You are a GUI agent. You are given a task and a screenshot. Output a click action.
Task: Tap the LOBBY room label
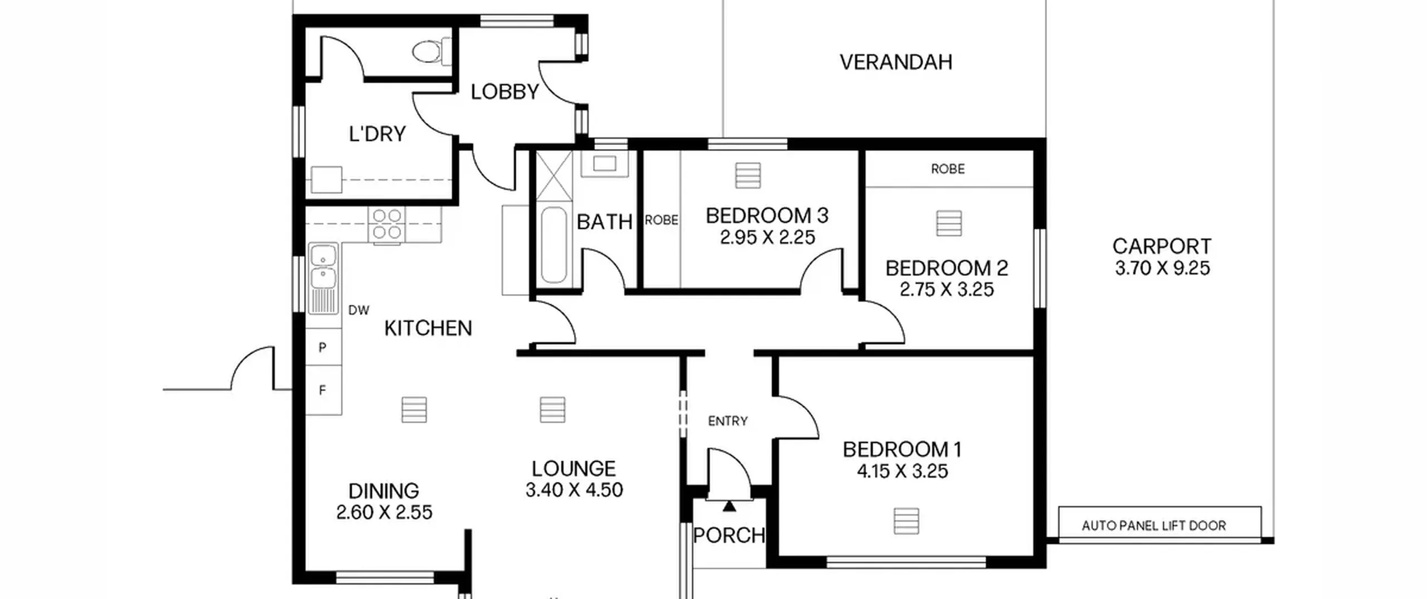[x=505, y=92]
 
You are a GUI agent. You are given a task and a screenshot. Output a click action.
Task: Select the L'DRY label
[x=377, y=134]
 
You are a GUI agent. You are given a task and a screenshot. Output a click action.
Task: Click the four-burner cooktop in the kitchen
[x=387, y=225]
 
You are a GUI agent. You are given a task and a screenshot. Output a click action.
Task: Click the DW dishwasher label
[x=358, y=310]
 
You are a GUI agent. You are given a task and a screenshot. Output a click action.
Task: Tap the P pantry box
[x=323, y=347]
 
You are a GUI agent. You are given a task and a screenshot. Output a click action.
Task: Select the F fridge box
[x=323, y=390]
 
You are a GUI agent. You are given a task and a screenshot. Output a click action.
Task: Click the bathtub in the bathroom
[x=554, y=245]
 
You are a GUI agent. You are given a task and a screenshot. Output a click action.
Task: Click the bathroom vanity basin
[x=604, y=164]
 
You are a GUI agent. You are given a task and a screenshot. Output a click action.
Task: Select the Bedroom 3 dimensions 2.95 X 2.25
[x=767, y=238]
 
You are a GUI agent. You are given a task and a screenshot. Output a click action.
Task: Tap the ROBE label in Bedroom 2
[x=948, y=169]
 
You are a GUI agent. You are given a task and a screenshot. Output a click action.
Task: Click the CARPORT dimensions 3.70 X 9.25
[x=1162, y=268]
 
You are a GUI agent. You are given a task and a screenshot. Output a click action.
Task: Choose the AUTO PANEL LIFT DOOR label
[x=1154, y=525]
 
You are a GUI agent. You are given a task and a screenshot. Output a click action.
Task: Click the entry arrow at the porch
[x=729, y=506]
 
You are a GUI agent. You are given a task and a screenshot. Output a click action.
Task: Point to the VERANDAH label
[x=896, y=62]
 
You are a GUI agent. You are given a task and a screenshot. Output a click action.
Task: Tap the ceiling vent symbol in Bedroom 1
[x=906, y=521]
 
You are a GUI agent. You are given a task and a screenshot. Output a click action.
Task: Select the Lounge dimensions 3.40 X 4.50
[x=574, y=490]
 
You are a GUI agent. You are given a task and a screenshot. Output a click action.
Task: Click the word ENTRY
[x=727, y=421]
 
